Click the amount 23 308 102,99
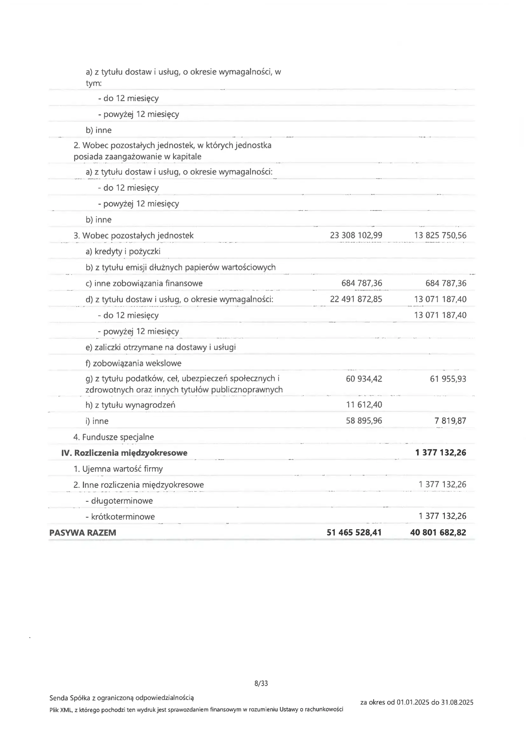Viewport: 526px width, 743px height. [356, 235]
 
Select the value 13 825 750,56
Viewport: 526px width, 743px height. [440, 235]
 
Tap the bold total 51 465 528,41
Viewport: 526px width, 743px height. [354, 532]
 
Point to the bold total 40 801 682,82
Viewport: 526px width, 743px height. [438, 532]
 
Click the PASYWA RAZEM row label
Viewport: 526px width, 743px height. [83, 533]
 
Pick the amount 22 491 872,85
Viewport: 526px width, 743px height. [356, 299]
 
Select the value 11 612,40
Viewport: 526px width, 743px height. [364, 405]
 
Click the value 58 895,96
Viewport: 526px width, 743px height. [364, 421]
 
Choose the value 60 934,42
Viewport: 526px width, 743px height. [364, 378]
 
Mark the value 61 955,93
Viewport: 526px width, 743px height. [448, 378]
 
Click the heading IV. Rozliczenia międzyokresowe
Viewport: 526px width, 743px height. [124, 453]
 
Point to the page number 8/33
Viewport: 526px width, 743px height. [261, 683]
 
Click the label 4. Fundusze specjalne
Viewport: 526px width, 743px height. [114, 437]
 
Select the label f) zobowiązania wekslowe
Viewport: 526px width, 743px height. [134, 363]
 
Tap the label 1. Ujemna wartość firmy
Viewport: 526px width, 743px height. [118, 468]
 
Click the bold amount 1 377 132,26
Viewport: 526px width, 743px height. [440, 453]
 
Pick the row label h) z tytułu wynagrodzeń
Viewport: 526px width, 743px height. [130, 405]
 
